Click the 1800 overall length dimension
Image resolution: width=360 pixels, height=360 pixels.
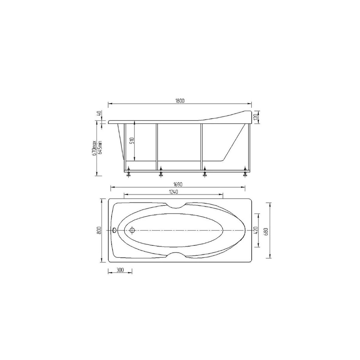[x=180, y=101]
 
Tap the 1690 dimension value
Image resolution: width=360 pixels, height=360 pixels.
[x=178, y=184]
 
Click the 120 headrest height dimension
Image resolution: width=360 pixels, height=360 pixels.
[x=256, y=117]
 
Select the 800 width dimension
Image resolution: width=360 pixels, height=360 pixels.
[x=99, y=230]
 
